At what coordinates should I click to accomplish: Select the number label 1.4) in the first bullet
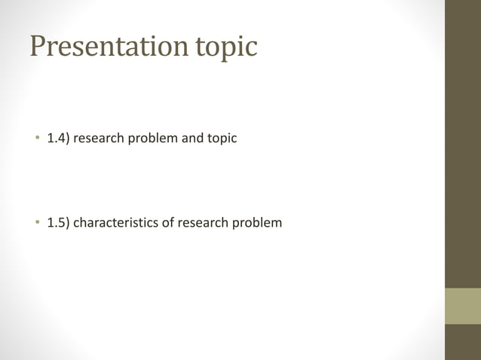point(60,139)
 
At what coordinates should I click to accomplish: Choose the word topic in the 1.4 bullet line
point(222,139)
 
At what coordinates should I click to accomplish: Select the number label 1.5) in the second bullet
point(60,223)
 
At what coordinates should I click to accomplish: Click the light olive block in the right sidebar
point(462,306)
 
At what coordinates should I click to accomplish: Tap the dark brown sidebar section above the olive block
point(462,143)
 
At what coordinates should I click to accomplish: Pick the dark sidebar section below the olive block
point(462,342)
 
